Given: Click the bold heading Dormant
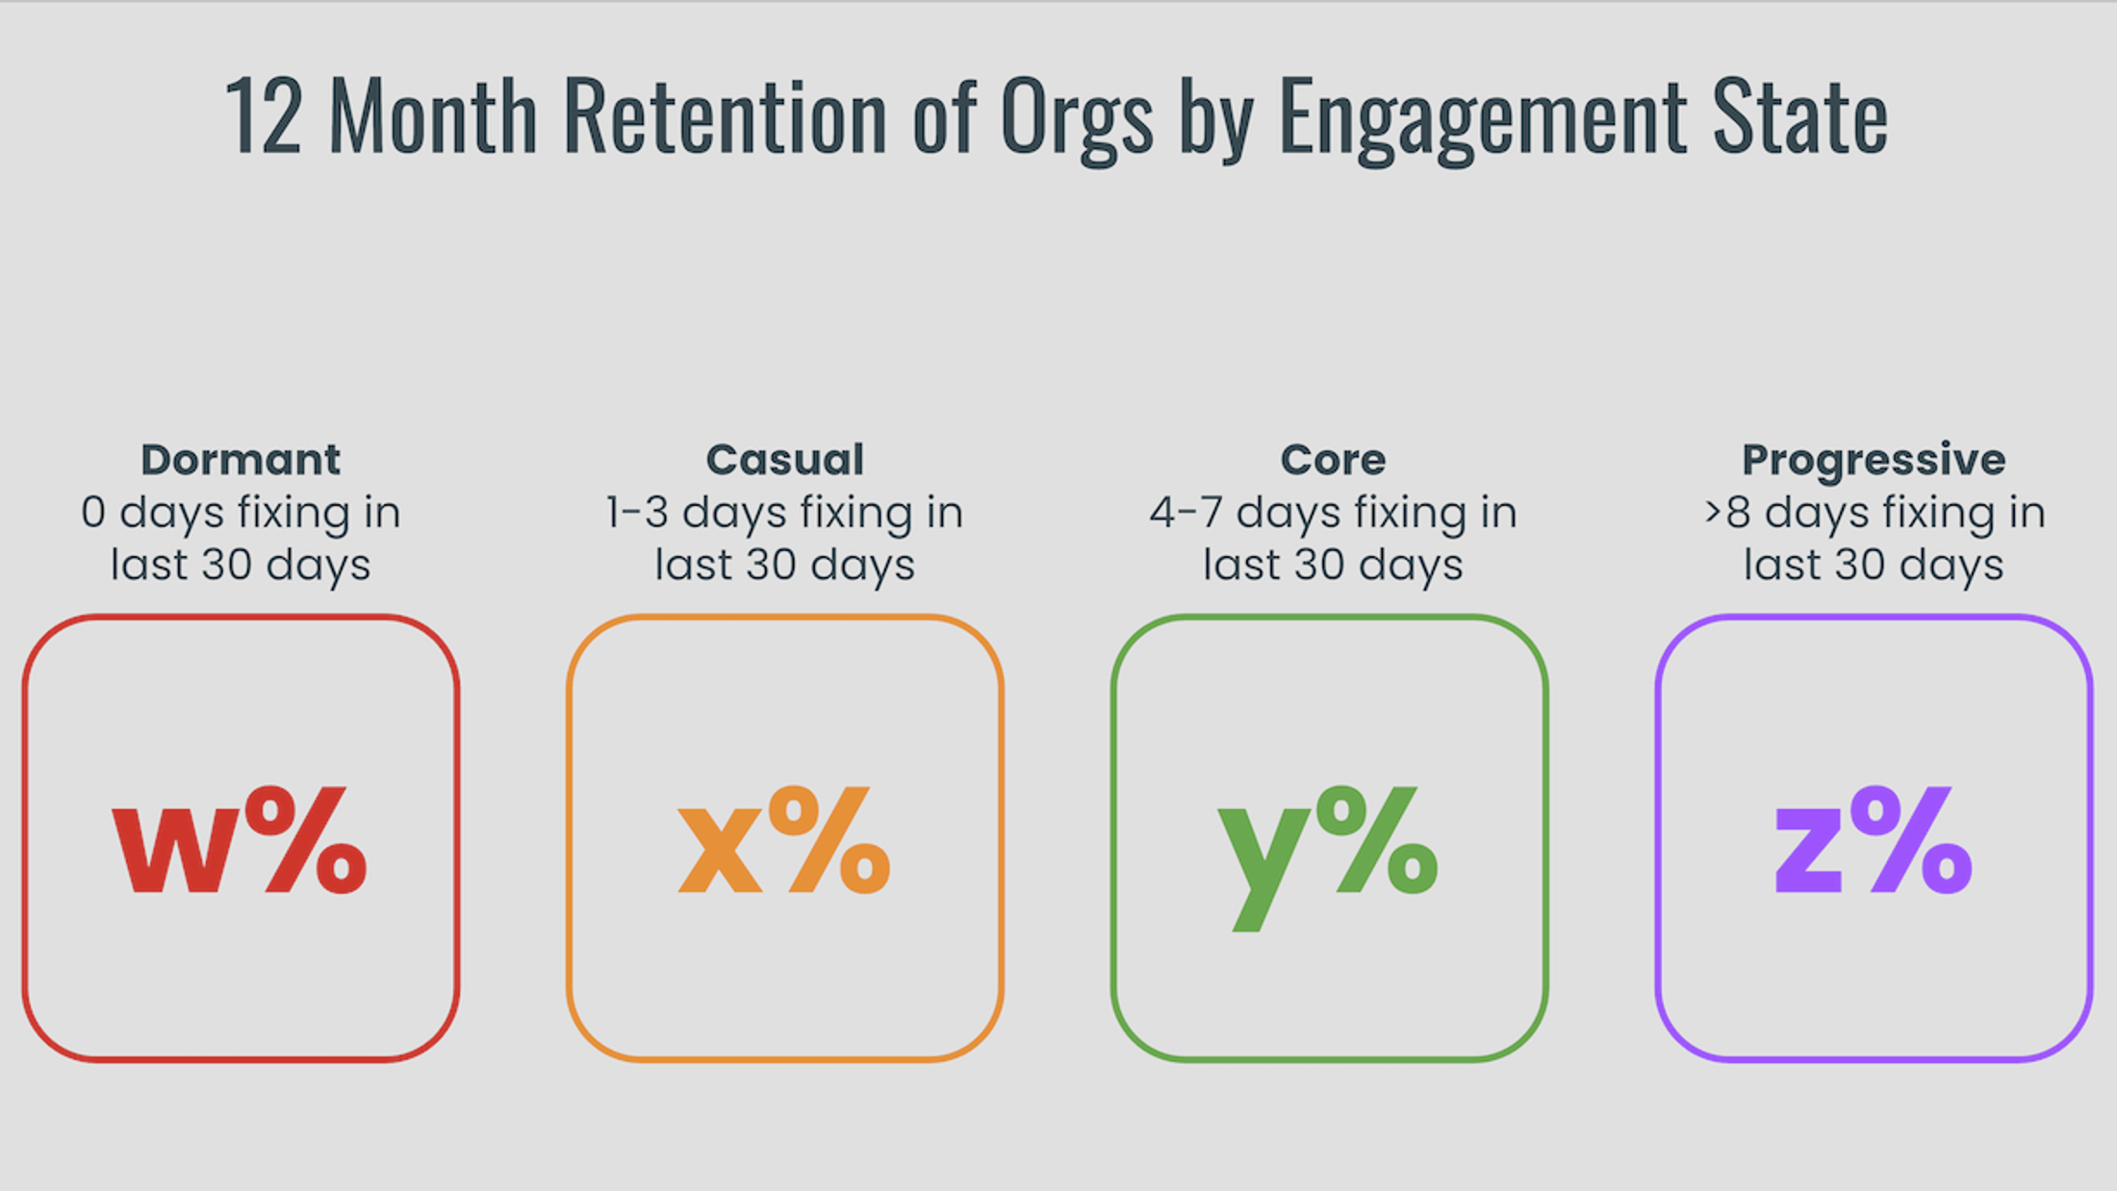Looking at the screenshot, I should (x=241, y=460).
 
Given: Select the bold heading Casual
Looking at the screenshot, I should (x=785, y=460).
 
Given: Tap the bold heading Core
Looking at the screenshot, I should (x=1333, y=460).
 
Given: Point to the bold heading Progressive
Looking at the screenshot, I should (x=1874, y=460).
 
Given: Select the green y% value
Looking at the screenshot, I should (x=1328, y=847).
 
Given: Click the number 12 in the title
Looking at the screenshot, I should (x=264, y=117).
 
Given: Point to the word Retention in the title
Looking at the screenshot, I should (x=725, y=117).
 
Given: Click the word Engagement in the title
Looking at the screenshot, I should (x=1483, y=117).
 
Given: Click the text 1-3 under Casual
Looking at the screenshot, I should (x=636, y=513).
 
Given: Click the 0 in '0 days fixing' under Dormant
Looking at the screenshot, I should (x=93, y=513).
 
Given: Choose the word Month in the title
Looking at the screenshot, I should (x=433, y=117).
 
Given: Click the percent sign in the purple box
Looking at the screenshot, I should (x=1911, y=840).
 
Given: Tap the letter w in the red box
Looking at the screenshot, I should (x=175, y=851).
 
